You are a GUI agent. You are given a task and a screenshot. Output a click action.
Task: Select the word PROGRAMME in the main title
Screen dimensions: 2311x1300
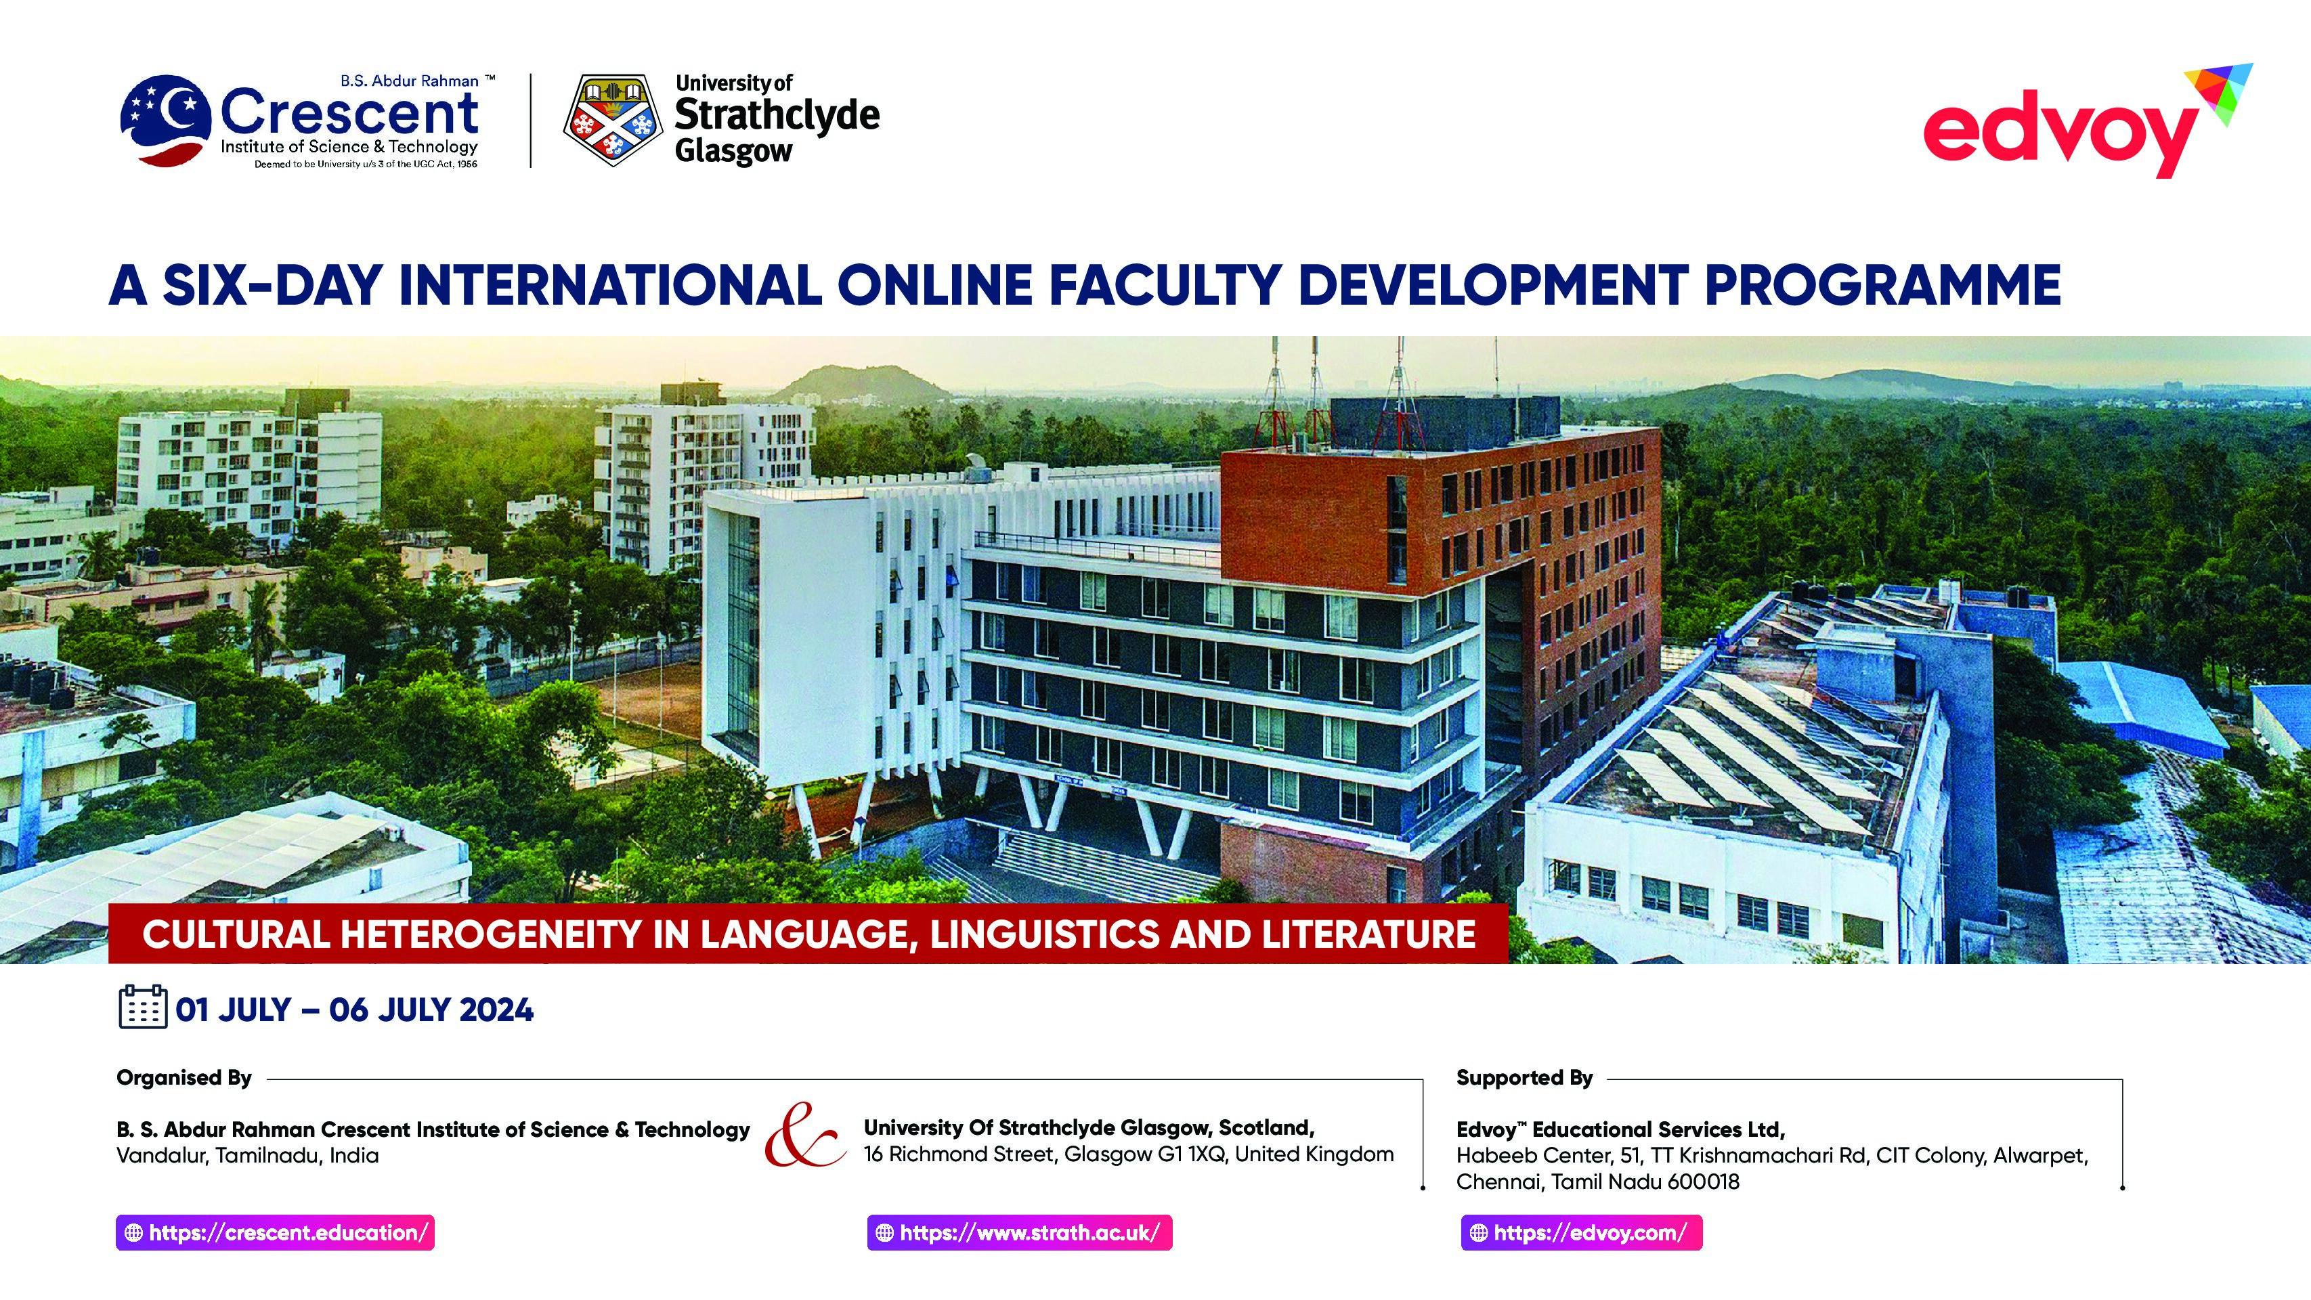(x=1881, y=284)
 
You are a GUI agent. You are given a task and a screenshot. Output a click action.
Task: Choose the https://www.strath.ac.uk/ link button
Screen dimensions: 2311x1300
(x=1019, y=1233)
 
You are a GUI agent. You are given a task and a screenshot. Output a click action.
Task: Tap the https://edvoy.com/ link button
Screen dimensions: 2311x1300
(x=1581, y=1233)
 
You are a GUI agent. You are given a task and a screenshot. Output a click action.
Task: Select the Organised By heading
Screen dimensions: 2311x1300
(x=184, y=1077)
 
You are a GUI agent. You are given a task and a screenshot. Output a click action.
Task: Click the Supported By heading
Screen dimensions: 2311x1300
(x=1524, y=1077)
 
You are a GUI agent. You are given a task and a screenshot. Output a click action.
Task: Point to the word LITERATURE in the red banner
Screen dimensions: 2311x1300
(x=1368, y=934)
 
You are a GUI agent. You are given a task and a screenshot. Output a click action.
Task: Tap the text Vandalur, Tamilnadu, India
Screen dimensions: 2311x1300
(x=248, y=1156)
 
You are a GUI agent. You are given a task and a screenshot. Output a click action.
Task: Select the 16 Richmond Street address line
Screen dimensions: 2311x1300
(x=1129, y=1154)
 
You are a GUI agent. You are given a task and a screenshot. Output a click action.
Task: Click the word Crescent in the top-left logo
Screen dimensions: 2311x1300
(x=349, y=113)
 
